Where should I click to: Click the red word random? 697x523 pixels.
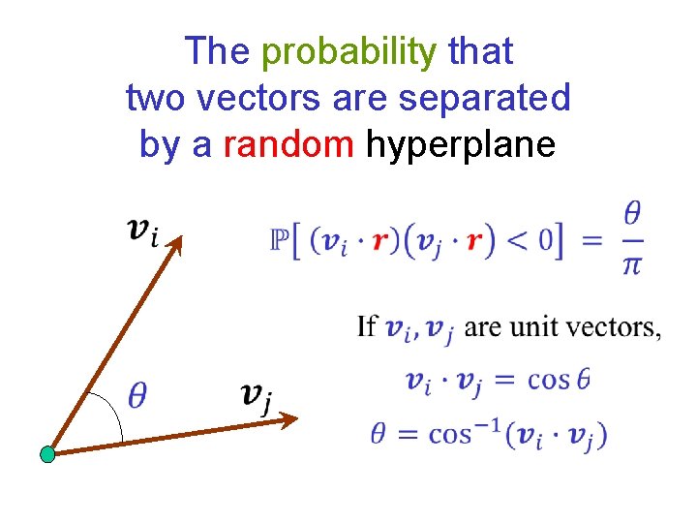pyautogui.click(x=288, y=144)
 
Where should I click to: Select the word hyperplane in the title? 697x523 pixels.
pyautogui.click(x=460, y=144)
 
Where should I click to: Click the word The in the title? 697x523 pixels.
pyautogui.click(x=218, y=51)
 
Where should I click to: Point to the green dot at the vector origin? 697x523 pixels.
pyautogui.click(x=46, y=453)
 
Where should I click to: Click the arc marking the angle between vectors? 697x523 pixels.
pyautogui.click(x=114, y=415)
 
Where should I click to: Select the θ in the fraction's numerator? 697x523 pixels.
pyautogui.click(x=631, y=211)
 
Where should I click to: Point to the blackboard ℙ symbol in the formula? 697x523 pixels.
pyautogui.click(x=278, y=239)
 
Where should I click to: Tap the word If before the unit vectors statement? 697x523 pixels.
pyautogui.click(x=367, y=326)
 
